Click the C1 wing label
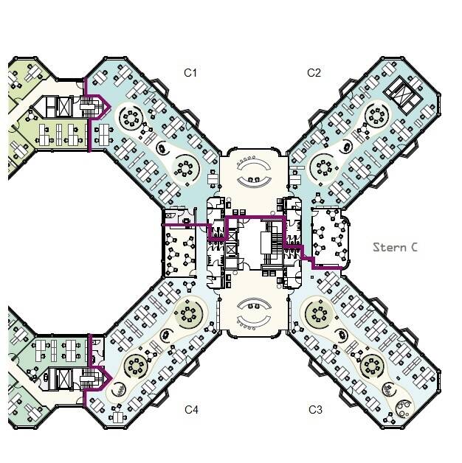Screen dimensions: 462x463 (x=190, y=73)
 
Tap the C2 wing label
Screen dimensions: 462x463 (x=314, y=73)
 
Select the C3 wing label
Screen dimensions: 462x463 (x=315, y=410)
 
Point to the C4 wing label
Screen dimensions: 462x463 (x=191, y=410)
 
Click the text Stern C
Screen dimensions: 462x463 (x=395, y=247)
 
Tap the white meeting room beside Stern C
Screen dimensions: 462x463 (x=331, y=237)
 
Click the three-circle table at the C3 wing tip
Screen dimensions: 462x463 (x=403, y=408)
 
